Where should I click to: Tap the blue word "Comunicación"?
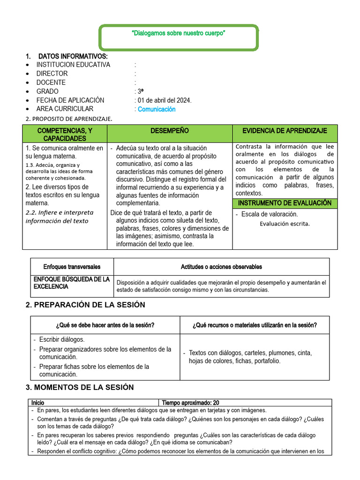click(157, 109)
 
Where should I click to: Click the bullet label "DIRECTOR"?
click(52, 74)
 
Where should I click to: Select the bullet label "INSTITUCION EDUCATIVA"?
click(73, 65)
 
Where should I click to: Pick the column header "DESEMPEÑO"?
click(170, 130)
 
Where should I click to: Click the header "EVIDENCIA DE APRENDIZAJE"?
click(285, 130)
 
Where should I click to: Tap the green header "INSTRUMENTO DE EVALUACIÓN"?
click(285, 203)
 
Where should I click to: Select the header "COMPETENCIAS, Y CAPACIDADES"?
click(65, 134)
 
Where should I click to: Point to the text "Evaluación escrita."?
click(285, 224)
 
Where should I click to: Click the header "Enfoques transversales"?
click(72, 267)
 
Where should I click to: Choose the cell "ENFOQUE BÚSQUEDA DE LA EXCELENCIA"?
click(72, 283)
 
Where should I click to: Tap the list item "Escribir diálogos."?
click(62, 339)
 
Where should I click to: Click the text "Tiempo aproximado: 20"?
click(190, 403)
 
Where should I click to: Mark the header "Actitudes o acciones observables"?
click(221, 267)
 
